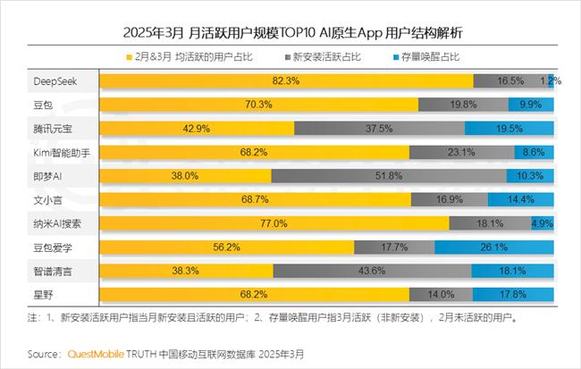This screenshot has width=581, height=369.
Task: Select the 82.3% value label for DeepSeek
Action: click(x=286, y=81)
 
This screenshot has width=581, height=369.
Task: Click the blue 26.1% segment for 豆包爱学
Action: click(x=521, y=246)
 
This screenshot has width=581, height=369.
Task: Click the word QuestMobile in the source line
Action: click(x=99, y=354)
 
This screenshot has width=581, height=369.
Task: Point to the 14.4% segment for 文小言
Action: click(x=520, y=198)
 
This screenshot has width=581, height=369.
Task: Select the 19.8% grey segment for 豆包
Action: click(x=463, y=105)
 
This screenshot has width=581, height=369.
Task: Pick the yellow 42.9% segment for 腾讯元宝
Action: click(x=197, y=129)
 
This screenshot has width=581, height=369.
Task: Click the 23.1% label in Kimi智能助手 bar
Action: click(x=461, y=152)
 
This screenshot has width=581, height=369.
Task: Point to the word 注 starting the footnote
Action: click(x=33, y=316)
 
